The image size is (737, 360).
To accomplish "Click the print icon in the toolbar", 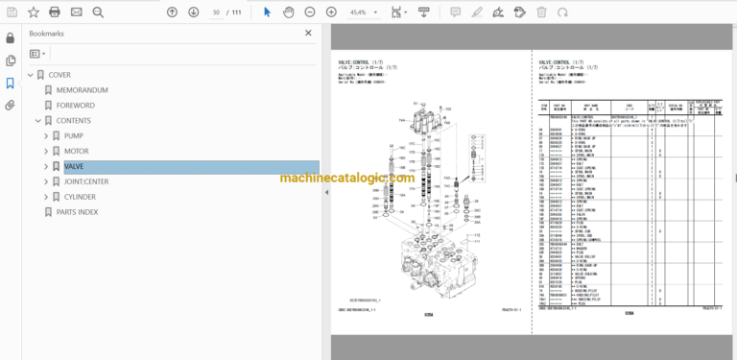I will coord(54,12).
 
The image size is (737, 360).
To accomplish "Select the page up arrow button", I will coord(172,12).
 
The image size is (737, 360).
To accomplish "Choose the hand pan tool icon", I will coord(287,12).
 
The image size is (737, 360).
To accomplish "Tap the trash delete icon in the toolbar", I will coord(541,12).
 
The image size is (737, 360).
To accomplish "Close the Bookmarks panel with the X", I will coord(308,33).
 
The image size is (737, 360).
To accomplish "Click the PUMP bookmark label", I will coord(74,135).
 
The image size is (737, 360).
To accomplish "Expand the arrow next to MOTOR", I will coord(45,151).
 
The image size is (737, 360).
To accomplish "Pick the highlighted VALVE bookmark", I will coord(74,166).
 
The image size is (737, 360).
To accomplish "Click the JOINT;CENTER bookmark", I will coord(88,181).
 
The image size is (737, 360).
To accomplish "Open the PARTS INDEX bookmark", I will coord(77,212).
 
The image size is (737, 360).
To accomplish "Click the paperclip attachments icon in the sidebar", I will coord(10,105).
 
